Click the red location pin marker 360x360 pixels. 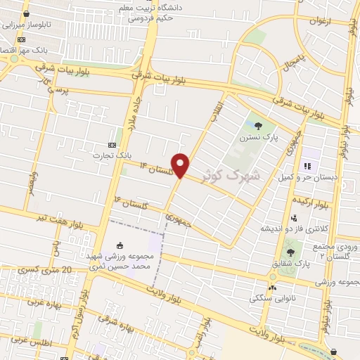coord(181,165)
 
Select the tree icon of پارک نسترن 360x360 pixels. coord(258,127)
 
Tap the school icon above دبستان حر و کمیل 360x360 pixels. coord(307,166)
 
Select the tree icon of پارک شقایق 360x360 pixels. coord(291,252)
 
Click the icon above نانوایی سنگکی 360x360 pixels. coord(272,286)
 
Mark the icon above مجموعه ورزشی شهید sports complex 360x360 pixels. coord(120,245)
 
